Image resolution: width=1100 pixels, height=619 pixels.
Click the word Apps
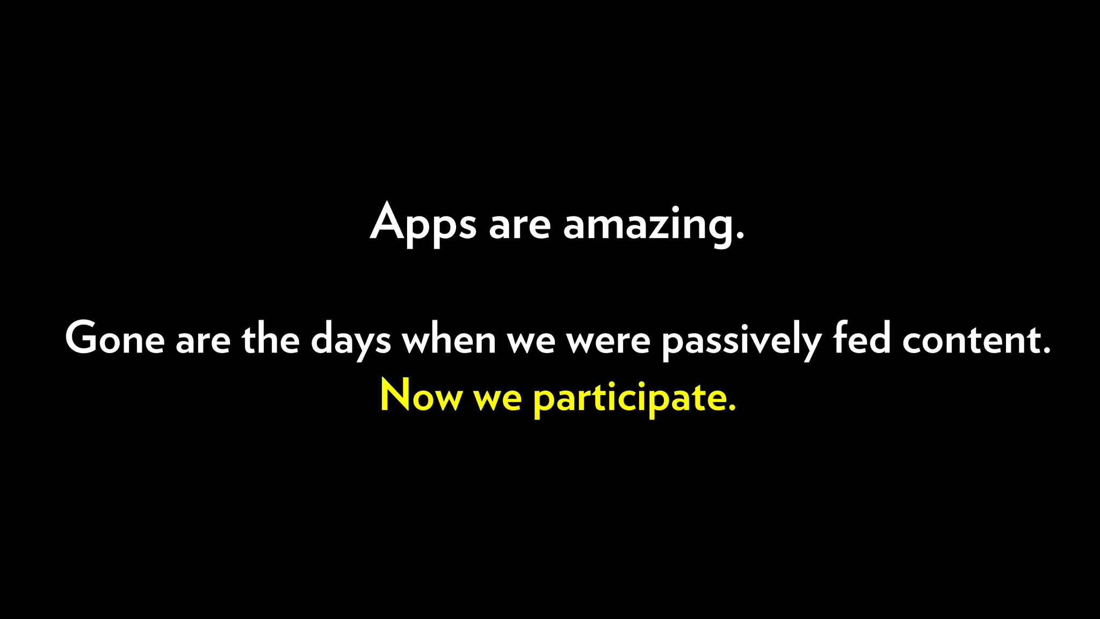point(423,224)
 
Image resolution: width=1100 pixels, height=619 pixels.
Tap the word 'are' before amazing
point(519,226)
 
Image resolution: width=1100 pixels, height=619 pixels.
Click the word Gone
point(114,339)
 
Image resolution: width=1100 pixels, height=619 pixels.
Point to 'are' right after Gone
point(203,341)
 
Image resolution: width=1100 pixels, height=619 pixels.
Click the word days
point(351,341)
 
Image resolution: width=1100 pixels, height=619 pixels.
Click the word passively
point(741,341)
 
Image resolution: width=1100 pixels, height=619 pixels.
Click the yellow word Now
point(421,396)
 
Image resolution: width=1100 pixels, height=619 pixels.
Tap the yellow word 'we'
point(497,399)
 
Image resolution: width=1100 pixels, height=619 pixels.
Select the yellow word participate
point(628,398)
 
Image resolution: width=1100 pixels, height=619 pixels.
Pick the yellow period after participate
point(731,408)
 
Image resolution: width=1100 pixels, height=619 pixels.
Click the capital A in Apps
point(387,221)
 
